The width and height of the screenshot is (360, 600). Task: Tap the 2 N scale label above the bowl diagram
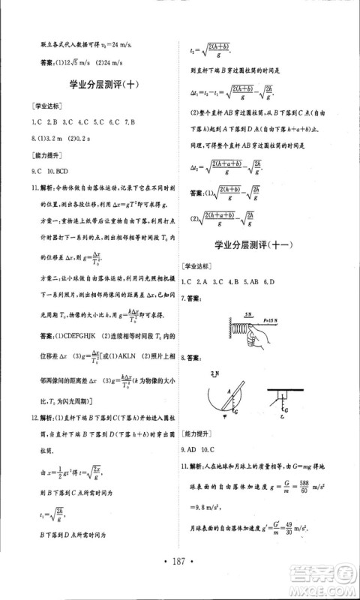[x=215, y=373]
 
